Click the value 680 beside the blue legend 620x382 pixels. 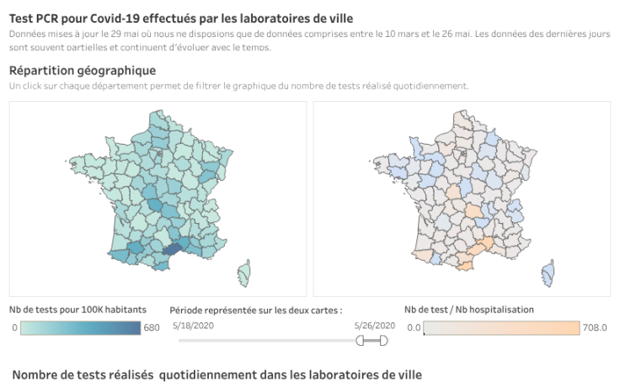[x=152, y=328]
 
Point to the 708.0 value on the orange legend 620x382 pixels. [x=594, y=328]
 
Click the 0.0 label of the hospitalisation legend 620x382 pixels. [x=413, y=328]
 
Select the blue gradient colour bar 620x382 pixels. [x=80, y=328]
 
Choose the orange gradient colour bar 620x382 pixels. [x=501, y=328]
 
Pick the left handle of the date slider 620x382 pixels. [x=361, y=340]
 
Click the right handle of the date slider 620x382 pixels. [x=384, y=340]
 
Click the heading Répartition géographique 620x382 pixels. [x=83, y=70]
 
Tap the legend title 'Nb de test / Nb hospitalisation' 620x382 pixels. [x=469, y=309]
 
